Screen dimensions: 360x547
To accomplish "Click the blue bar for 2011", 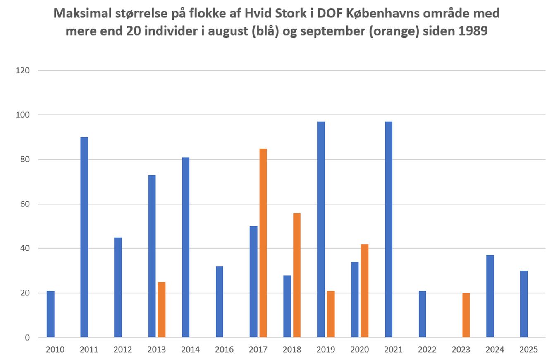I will pyautogui.click(x=84, y=237).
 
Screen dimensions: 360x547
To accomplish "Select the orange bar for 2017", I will pyautogui.click(x=263, y=243).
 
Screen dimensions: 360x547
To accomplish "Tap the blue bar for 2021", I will pyautogui.click(x=389, y=230).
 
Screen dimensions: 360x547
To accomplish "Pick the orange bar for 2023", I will pyautogui.click(x=466, y=315).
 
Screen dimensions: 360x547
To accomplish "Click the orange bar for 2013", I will pyautogui.click(x=161, y=310).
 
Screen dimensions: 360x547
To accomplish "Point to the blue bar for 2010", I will pyautogui.click(x=50, y=314).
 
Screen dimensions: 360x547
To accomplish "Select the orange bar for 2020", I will pyautogui.click(x=364, y=290).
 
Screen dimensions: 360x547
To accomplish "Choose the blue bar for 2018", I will pyautogui.click(x=287, y=306).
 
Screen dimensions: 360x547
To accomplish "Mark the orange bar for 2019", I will pyautogui.click(x=331, y=314).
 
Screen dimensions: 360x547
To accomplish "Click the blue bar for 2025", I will pyautogui.click(x=524, y=304).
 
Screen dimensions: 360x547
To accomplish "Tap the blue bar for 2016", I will pyautogui.click(x=220, y=302).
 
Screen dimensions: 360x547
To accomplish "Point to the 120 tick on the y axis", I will pyautogui.click(x=23, y=70).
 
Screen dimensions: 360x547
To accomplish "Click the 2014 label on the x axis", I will pyautogui.click(x=190, y=350).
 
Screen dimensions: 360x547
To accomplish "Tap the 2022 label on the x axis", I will pyautogui.click(x=427, y=350).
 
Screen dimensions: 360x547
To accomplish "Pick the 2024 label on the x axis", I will pyautogui.click(x=495, y=350).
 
